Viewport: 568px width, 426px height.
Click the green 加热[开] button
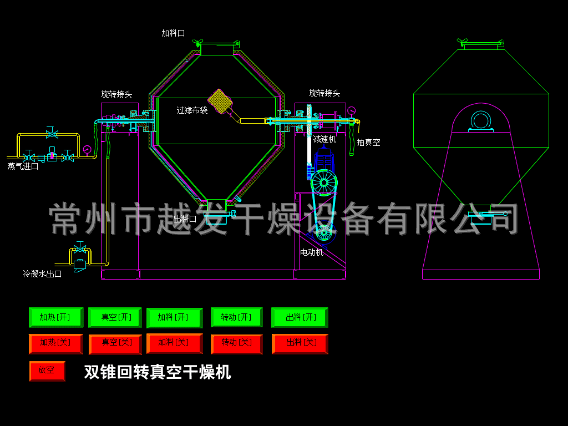pyautogui.click(x=55, y=317)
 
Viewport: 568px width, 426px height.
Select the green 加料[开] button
pyautogui.click(x=174, y=318)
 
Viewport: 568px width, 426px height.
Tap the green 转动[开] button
pyautogui.click(x=237, y=317)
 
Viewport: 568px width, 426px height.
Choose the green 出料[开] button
pyautogui.click(x=300, y=317)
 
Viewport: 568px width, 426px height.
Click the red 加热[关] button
pyautogui.click(x=55, y=343)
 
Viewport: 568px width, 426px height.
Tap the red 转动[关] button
pyautogui.click(x=237, y=343)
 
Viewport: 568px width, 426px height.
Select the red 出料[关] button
pyautogui.click(x=300, y=343)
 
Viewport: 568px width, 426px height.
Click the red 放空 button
pyautogui.click(x=47, y=371)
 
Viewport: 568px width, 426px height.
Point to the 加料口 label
pyautogui.click(x=173, y=33)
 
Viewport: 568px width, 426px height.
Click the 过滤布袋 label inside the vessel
pyautogui.click(x=192, y=110)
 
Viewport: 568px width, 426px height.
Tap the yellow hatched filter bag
pyautogui.click(x=220, y=101)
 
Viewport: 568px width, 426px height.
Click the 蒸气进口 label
pyautogui.click(x=23, y=166)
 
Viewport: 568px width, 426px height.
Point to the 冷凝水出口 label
pyautogui.click(x=42, y=274)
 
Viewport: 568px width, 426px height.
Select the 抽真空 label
pyautogui.click(x=368, y=143)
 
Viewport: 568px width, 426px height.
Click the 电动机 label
pyautogui.click(x=312, y=252)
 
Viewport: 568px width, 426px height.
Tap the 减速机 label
pyautogui.click(x=324, y=139)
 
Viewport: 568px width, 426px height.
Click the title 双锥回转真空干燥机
pyautogui.click(x=157, y=372)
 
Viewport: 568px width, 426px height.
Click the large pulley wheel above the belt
pyautogui.click(x=324, y=182)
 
